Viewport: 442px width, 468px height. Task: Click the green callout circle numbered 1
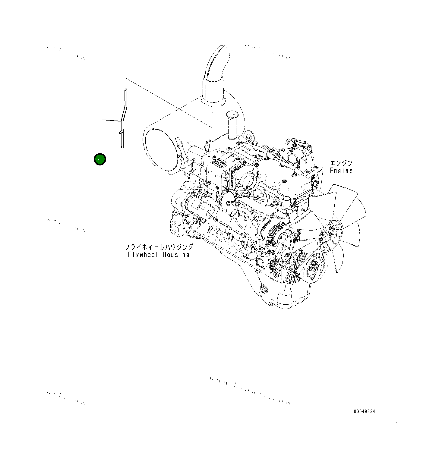tap(99, 159)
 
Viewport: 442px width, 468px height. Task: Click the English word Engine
tap(341, 171)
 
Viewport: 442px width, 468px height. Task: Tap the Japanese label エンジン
tap(341, 163)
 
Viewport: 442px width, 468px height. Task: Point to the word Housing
tap(176, 255)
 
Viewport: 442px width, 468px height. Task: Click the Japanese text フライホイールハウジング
tap(159, 247)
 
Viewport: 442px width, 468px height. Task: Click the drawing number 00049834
tap(364, 412)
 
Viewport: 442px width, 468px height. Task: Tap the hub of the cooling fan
tap(331, 234)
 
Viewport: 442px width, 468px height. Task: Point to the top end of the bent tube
tap(125, 90)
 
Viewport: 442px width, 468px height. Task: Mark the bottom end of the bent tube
tap(122, 147)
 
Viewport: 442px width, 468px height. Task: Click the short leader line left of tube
tap(111, 121)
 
